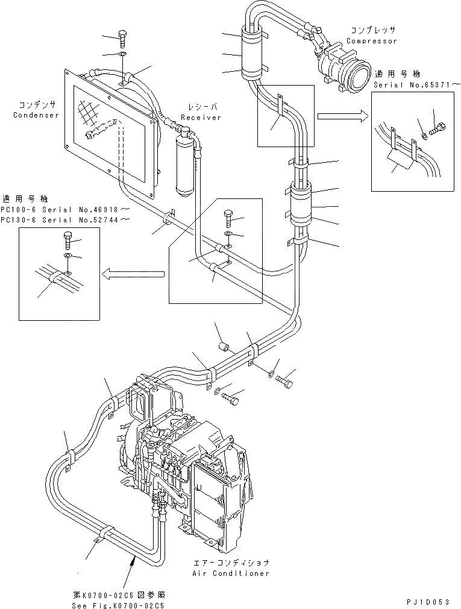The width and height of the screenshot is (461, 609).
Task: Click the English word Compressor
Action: click(372, 41)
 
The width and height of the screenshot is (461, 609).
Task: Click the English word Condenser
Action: click(36, 115)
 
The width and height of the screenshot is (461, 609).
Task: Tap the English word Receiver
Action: click(201, 118)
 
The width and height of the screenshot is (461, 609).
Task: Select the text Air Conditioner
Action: click(231, 573)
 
